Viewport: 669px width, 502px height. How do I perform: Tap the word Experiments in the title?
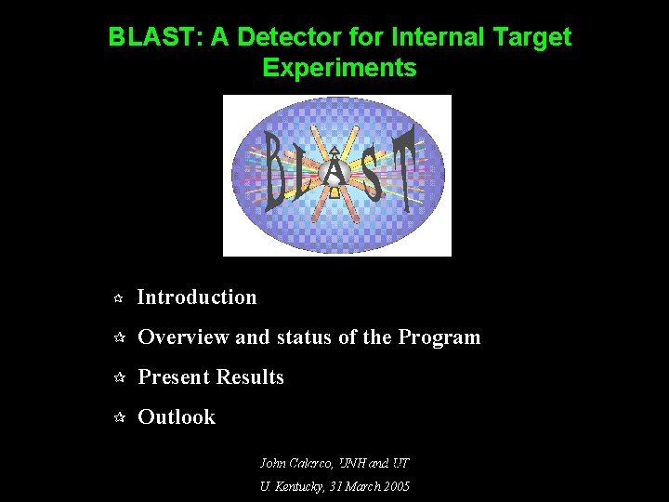(339, 68)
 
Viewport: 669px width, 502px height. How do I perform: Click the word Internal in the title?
(434, 37)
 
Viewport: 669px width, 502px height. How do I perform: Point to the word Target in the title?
(537, 37)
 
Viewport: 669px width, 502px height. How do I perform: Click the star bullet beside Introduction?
(118, 298)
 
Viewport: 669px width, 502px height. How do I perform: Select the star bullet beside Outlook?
(118, 418)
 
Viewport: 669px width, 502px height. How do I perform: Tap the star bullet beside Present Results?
(118, 378)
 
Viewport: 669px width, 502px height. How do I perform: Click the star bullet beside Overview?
(118, 338)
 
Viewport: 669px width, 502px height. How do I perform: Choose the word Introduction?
(197, 297)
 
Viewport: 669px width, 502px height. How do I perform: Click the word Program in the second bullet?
(439, 337)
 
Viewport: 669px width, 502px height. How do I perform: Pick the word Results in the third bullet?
(250, 377)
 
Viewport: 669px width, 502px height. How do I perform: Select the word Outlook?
(177, 417)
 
